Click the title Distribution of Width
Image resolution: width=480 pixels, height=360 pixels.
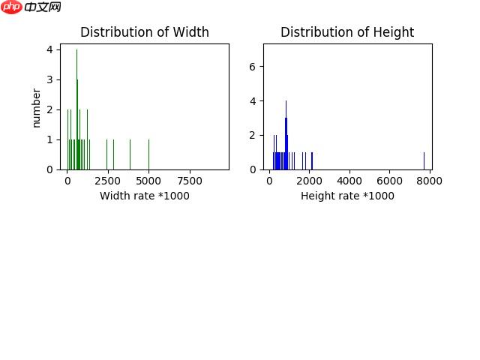click(145, 32)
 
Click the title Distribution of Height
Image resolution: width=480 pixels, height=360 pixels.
click(347, 32)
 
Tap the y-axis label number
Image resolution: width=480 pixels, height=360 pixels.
click(36, 108)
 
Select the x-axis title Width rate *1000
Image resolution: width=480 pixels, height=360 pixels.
click(145, 196)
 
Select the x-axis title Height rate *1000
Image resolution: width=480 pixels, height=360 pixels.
click(347, 196)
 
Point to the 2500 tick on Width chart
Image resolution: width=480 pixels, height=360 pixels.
click(107, 181)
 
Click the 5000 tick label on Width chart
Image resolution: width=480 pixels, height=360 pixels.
click(148, 181)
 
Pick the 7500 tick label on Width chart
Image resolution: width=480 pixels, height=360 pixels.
click(190, 181)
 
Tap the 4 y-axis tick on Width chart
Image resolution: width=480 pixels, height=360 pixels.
click(49, 49)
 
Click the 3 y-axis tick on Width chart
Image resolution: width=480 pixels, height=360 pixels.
click(49, 79)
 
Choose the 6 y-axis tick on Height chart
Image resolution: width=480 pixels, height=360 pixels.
click(253, 67)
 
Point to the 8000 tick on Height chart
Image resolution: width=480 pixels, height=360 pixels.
click(430, 181)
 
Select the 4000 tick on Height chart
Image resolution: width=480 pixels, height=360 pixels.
click(349, 181)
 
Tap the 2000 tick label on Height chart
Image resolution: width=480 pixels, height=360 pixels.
click(310, 181)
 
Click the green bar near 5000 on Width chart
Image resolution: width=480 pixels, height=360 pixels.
click(148, 154)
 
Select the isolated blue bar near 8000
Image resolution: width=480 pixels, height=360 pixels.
click(424, 160)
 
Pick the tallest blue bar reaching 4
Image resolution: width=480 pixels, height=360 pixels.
click(286, 135)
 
